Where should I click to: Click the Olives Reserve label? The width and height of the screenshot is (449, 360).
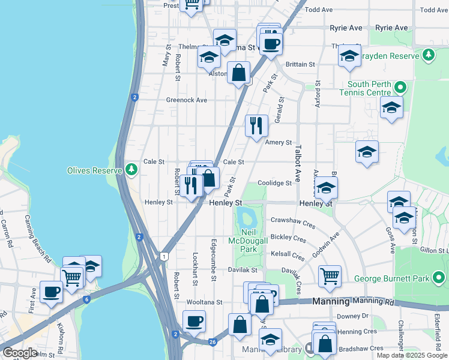(x=95, y=170)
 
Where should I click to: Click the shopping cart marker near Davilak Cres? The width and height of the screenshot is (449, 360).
(x=330, y=276)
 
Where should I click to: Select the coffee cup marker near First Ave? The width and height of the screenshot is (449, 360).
(x=52, y=292)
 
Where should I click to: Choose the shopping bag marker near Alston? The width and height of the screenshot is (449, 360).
(x=239, y=73)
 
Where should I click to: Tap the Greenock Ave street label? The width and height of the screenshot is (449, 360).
(x=186, y=100)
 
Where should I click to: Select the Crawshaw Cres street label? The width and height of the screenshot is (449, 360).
(x=292, y=223)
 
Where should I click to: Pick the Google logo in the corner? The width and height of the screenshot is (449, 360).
(x=20, y=353)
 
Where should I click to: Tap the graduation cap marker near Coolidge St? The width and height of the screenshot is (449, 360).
(x=326, y=188)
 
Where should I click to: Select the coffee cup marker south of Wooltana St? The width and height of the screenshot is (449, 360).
(x=194, y=321)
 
